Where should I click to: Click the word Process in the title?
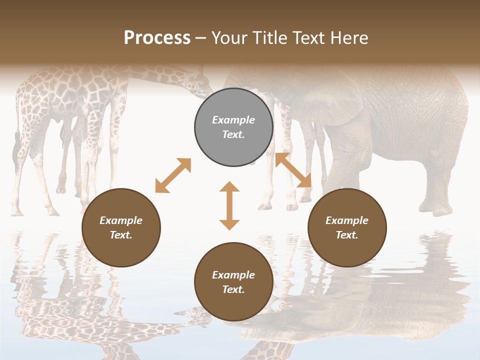point(157,38)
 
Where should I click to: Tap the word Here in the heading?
point(348,38)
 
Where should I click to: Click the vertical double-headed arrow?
point(229,205)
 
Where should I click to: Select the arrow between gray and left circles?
point(173,175)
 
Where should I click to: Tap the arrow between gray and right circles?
point(293,170)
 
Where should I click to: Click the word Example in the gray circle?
point(233,120)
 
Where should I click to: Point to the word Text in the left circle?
point(121,235)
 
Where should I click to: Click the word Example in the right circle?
point(347,220)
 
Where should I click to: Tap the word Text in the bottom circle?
point(233,289)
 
